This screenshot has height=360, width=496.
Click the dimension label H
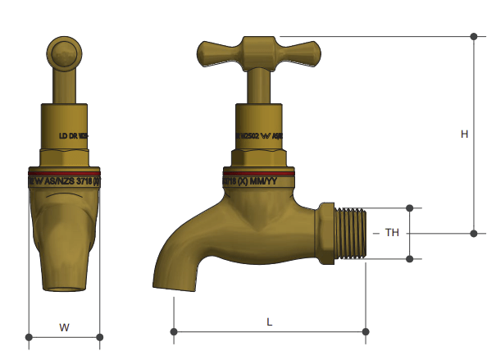[x=464, y=134]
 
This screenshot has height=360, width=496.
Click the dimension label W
[x=64, y=327]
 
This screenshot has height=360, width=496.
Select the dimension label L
[x=270, y=322]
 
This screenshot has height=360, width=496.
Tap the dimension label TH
[x=392, y=233]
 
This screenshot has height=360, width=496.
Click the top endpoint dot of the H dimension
[x=474, y=36]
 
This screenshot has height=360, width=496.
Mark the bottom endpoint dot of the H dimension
[x=474, y=233]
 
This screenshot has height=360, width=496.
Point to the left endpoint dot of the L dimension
[x=174, y=331]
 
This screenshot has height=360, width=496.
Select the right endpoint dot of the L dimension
[x=366, y=331]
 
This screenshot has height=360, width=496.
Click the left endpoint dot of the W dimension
[x=29, y=336]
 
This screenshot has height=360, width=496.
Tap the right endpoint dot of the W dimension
[x=99, y=336]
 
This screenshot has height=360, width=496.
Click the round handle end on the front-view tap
[x=64, y=54]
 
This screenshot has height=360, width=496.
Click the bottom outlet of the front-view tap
[x=64, y=286]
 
